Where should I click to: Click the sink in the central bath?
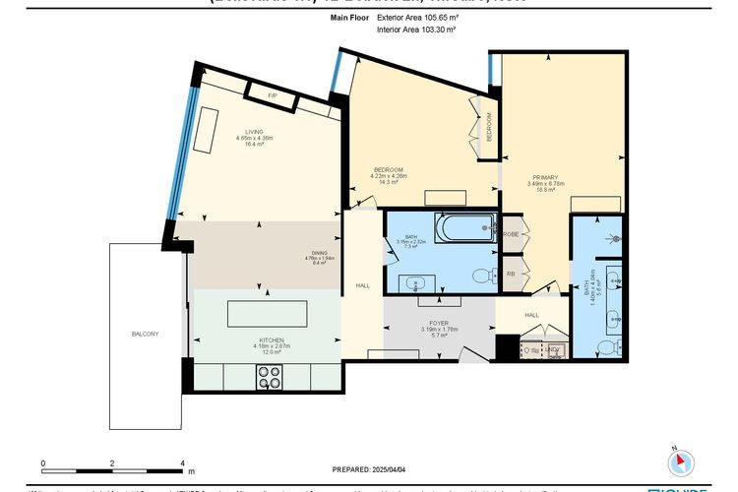coord(413,284)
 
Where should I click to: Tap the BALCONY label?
coord(145,335)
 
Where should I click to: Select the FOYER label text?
coord(433,322)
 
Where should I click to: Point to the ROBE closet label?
coord(512,234)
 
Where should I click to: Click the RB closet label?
coord(511,275)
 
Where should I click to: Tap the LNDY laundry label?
coord(553,349)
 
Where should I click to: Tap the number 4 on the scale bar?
coord(182,461)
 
